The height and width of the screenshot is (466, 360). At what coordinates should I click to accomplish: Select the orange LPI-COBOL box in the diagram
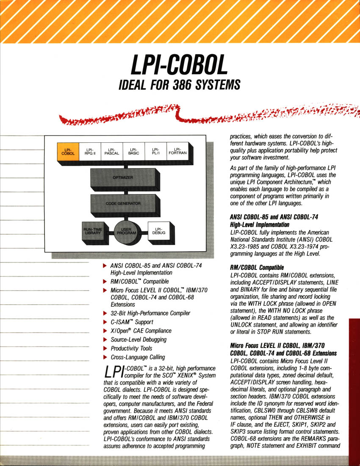(67, 151)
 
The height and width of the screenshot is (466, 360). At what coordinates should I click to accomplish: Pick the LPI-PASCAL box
(112, 151)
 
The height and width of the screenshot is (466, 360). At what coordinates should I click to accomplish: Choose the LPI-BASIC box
(134, 151)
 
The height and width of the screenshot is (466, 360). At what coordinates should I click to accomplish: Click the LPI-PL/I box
(155, 151)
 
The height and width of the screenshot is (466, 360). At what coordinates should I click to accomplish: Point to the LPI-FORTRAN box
(177, 151)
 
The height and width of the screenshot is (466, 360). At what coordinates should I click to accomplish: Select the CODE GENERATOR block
(123, 204)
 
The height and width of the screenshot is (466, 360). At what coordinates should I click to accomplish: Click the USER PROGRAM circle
(126, 232)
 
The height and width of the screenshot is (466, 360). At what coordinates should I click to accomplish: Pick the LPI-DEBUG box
(158, 231)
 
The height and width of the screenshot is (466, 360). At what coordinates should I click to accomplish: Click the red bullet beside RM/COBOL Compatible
(105, 281)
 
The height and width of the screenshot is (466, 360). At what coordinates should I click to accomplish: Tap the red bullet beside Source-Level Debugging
(105, 339)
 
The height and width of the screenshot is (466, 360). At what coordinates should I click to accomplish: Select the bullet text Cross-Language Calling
(138, 357)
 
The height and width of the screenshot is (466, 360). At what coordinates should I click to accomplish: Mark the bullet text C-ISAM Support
(131, 322)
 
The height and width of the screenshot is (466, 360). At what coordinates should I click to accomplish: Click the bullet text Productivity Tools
(131, 348)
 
